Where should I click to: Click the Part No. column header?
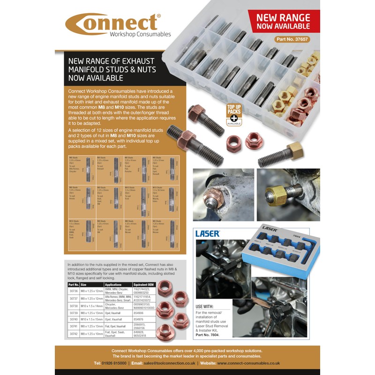[74, 284]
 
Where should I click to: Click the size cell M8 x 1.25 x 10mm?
[91, 334]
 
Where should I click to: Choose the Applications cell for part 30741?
[114, 326]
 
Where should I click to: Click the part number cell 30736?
[74, 291]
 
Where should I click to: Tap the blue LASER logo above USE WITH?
[207, 233]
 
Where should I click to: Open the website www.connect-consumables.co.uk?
[248, 363]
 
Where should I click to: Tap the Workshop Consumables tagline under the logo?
[140, 34]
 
